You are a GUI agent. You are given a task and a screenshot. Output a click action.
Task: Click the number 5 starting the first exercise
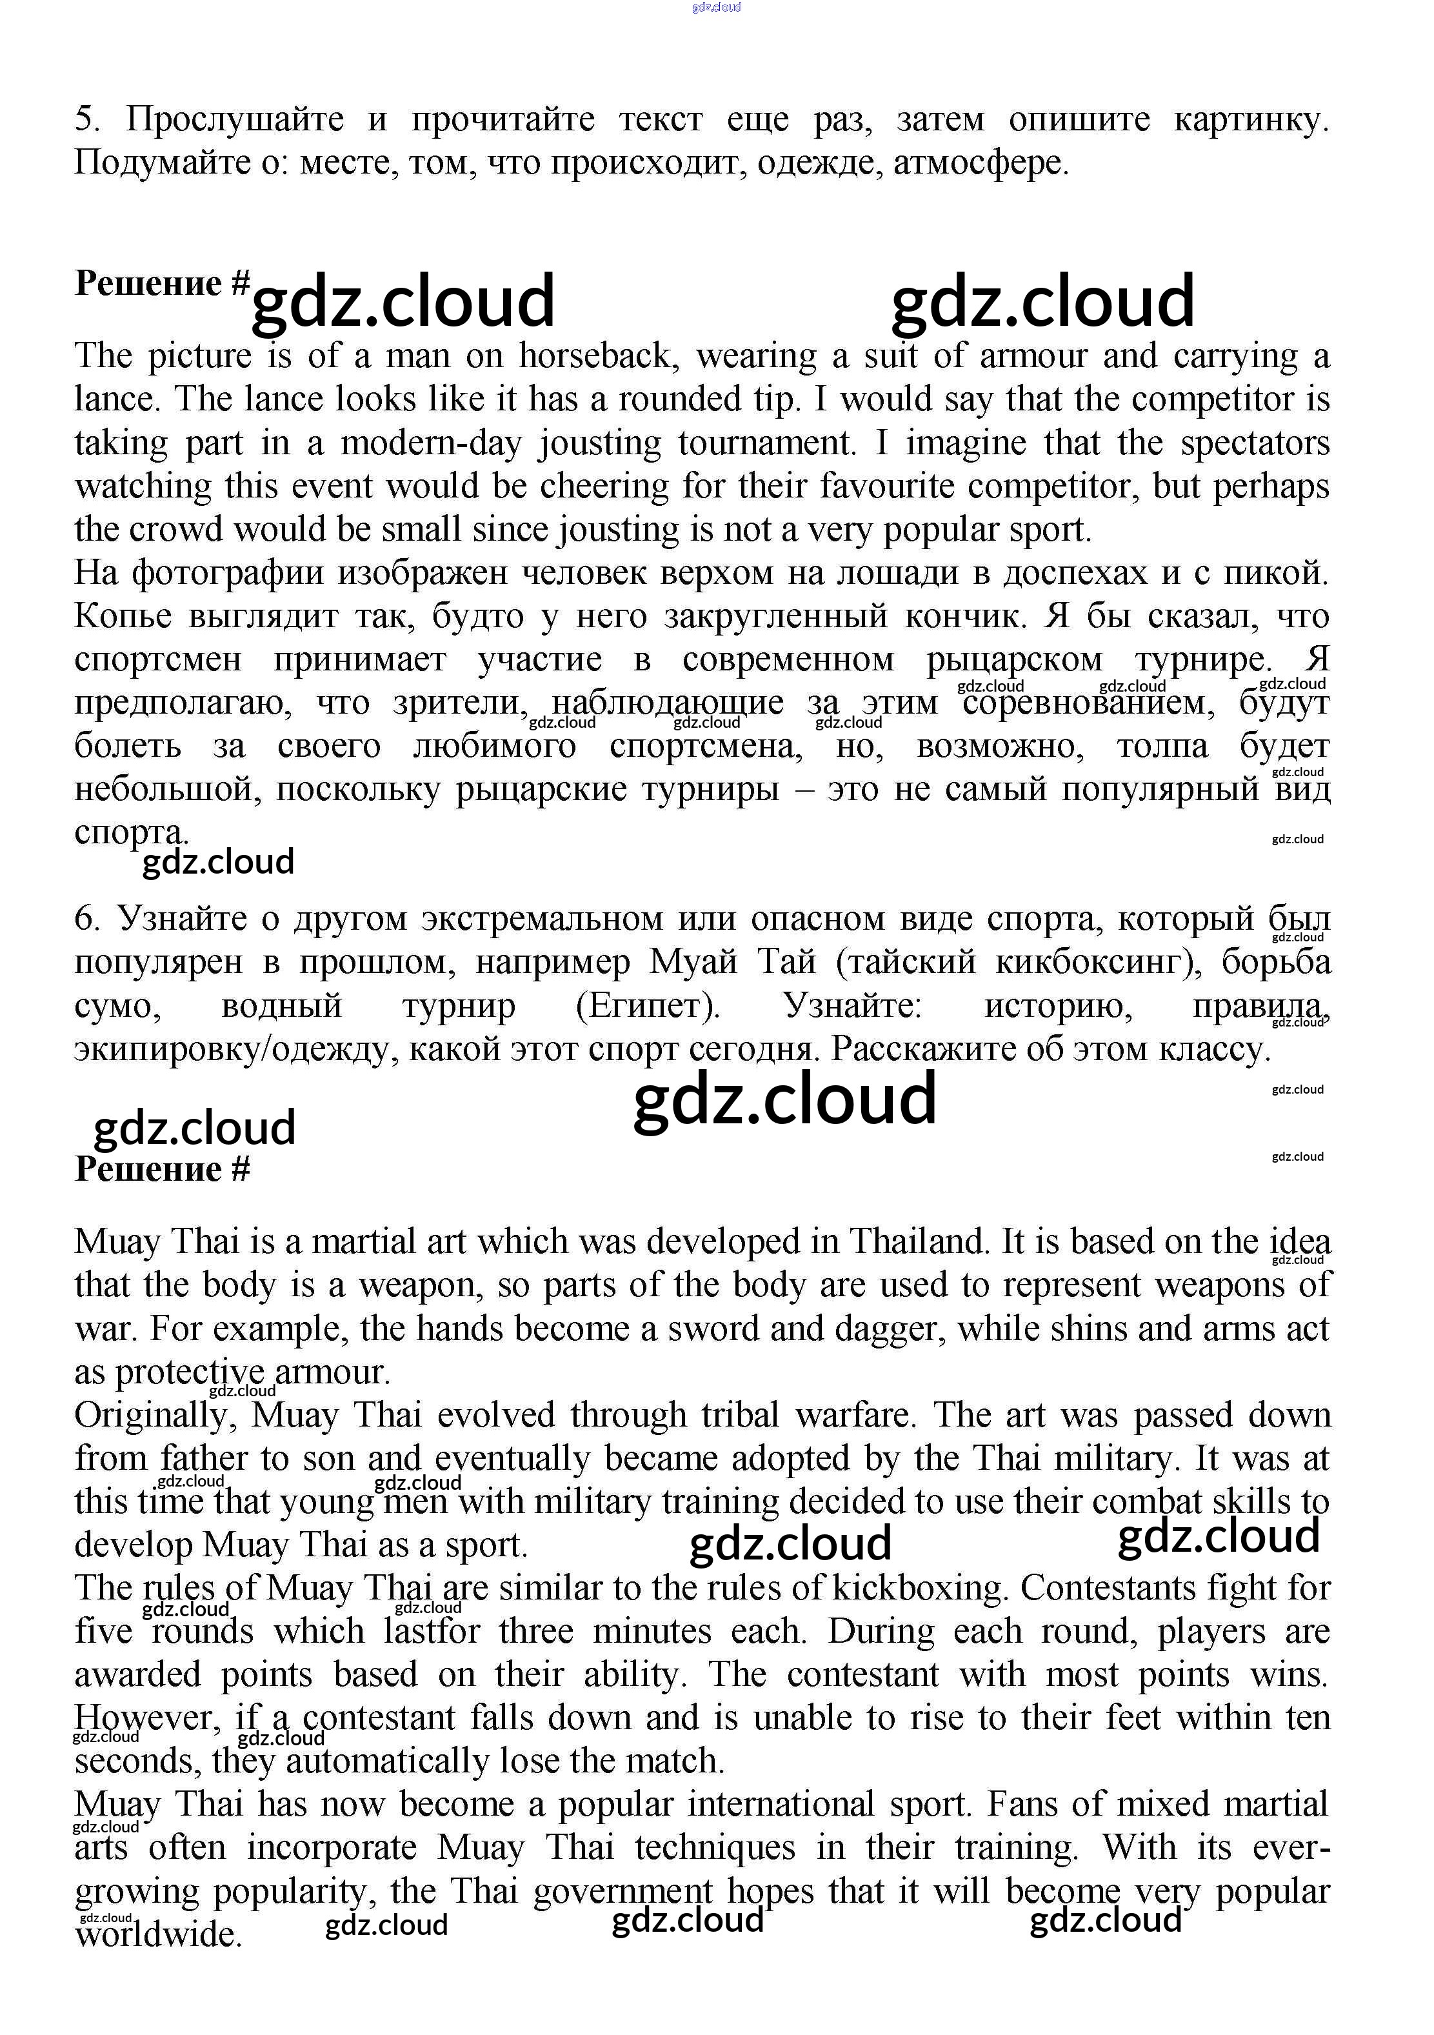pyautogui.click(x=85, y=119)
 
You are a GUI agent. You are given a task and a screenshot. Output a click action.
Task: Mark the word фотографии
pyautogui.click(x=226, y=574)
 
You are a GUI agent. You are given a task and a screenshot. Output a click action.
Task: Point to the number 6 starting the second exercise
pyautogui.click(x=85, y=919)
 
